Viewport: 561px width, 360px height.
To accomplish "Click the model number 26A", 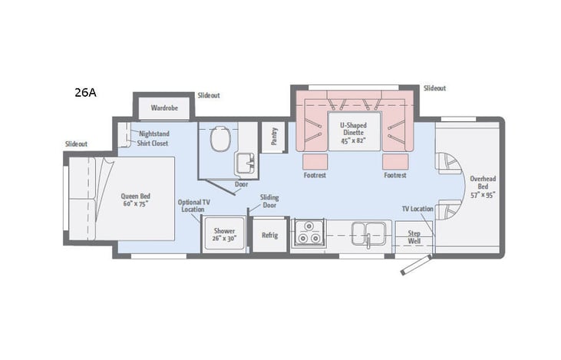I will pyautogui.click(x=86, y=93).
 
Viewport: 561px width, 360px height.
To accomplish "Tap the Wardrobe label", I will pyautogui.click(x=164, y=108).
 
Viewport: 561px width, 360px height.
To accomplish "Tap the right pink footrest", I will pyautogui.click(x=395, y=161).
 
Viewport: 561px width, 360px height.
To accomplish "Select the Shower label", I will pyautogui.click(x=224, y=234).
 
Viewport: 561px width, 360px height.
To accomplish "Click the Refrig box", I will pyautogui.click(x=269, y=235).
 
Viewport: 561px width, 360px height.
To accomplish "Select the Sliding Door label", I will pyautogui.click(x=269, y=202).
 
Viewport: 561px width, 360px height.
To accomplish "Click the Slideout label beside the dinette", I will pyautogui.click(x=434, y=88).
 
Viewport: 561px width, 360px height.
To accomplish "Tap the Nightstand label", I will pyautogui.click(x=153, y=134).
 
